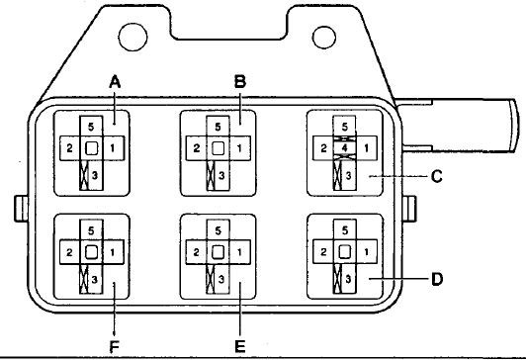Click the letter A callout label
click(x=115, y=82)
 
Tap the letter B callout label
click(x=240, y=82)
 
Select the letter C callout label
click(x=436, y=176)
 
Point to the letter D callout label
click(x=437, y=279)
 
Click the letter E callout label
click(x=240, y=346)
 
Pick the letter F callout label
click(x=115, y=347)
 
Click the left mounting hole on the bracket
click(x=132, y=37)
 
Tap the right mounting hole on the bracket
click(x=324, y=38)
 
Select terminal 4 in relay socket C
click(x=344, y=148)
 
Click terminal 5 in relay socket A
click(x=91, y=127)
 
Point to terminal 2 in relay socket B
click(x=196, y=148)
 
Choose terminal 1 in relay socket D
click(x=366, y=251)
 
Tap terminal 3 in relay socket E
click(x=221, y=279)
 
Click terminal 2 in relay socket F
click(x=69, y=252)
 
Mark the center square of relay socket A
click(x=91, y=148)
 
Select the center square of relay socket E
click(x=219, y=252)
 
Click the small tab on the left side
click(x=21, y=209)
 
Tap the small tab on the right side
click(x=409, y=209)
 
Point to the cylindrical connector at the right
click(x=459, y=126)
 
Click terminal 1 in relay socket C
click(x=366, y=148)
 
